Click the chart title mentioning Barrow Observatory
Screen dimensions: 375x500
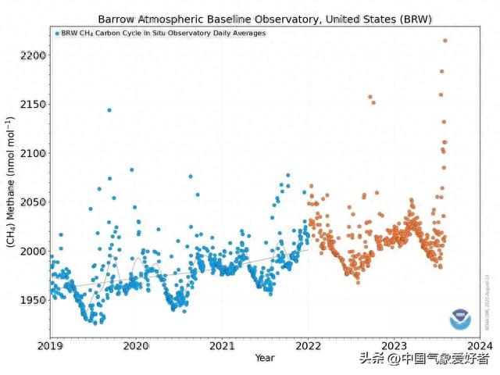click(265, 18)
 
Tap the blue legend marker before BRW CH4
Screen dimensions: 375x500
click(57, 34)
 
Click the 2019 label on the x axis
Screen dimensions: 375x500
click(50, 345)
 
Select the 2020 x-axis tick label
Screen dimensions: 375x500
click(136, 345)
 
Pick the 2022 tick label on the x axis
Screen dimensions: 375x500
click(308, 345)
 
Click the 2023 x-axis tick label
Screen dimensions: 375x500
click(394, 345)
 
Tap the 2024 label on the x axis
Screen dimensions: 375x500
click(479, 345)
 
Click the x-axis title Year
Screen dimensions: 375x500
click(264, 357)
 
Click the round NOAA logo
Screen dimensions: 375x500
click(460, 320)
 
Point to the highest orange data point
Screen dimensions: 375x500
click(445, 41)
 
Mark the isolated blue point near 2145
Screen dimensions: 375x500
click(109, 110)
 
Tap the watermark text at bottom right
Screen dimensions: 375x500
click(423, 359)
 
